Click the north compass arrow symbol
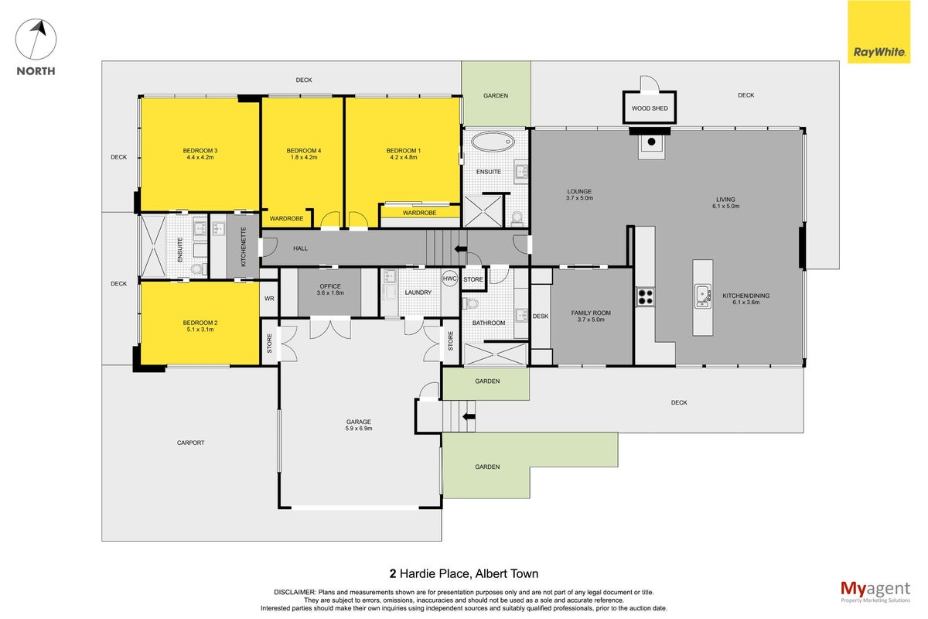(x=36, y=39)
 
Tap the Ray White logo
(x=879, y=32)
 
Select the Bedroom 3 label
(x=200, y=151)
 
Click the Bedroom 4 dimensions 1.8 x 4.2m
(x=304, y=158)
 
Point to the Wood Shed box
(x=649, y=108)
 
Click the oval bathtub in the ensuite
(x=493, y=142)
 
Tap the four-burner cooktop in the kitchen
(x=646, y=297)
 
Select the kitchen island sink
(x=703, y=296)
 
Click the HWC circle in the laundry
(x=449, y=279)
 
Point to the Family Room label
(x=591, y=313)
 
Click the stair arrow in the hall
(x=461, y=249)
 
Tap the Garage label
(x=359, y=422)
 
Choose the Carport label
(x=190, y=443)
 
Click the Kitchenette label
(x=244, y=247)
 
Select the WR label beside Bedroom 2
(x=269, y=299)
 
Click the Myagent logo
(x=875, y=592)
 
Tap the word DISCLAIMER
(x=295, y=593)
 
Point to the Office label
(x=330, y=286)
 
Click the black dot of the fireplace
(x=651, y=142)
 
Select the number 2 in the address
(x=393, y=574)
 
